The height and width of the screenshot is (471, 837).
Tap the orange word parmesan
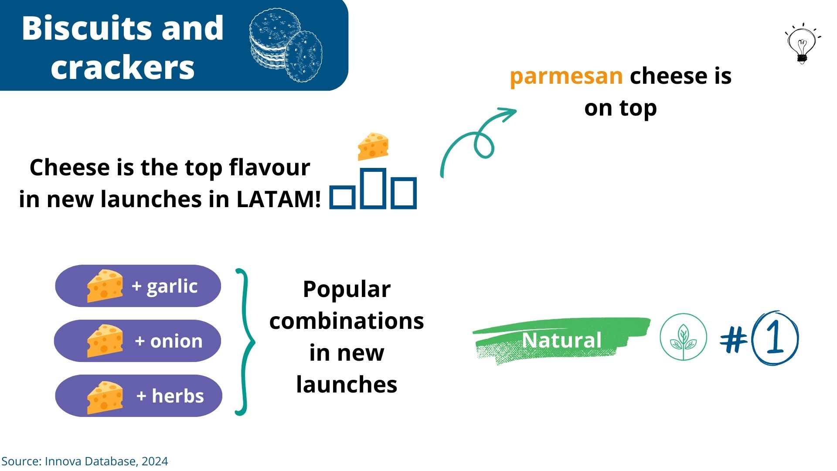click(566, 76)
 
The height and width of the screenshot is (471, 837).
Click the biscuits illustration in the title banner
click(286, 45)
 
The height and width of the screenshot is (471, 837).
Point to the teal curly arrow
click(475, 140)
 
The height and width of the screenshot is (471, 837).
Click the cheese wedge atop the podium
click(373, 147)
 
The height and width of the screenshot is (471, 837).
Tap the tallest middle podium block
click(373, 188)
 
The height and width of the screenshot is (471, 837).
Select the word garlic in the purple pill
click(172, 287)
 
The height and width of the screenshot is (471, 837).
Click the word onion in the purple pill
click(176, 341)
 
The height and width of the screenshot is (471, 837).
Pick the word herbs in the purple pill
click(177, 396)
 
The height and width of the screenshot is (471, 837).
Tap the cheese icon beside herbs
click(105, 397)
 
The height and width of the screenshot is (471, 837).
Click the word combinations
click(347, 321)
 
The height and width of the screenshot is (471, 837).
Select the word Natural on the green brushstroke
click(561, 340)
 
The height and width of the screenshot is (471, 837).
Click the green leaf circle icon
click(683, 337)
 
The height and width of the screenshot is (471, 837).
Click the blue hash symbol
click(734, 339)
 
